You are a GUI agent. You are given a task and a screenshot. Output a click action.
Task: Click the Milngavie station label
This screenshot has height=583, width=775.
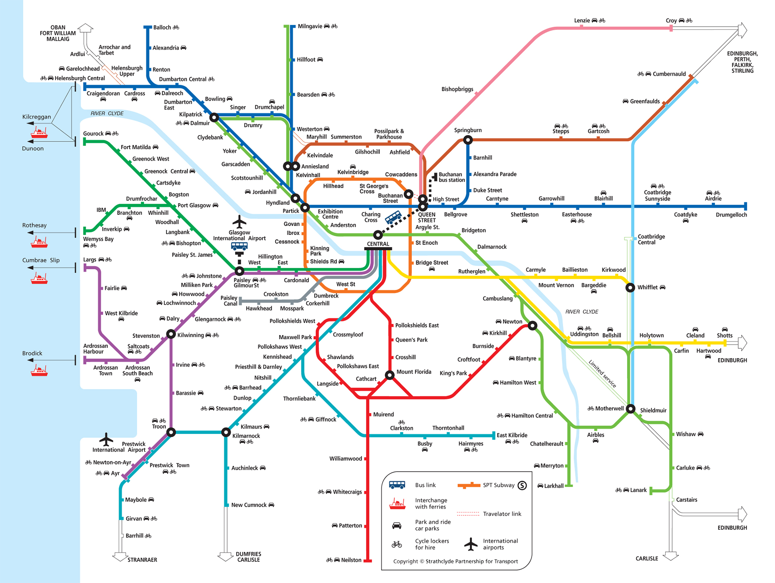point(310,26)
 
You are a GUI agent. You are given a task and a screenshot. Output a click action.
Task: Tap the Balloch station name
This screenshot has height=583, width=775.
point(162,27)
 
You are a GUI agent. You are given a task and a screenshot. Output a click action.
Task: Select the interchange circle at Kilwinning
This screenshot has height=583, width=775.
point(171,334)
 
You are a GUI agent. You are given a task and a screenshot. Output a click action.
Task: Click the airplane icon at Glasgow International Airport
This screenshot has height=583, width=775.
point(239,222)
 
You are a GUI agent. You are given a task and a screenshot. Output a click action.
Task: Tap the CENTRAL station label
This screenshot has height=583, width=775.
point(378,244)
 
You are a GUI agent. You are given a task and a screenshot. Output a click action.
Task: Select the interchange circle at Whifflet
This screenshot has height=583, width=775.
point(630,287)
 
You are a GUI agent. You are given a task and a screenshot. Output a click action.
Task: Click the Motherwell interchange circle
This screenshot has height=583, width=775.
point(630,408)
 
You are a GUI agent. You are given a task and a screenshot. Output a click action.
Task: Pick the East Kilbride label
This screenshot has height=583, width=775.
point(512,435)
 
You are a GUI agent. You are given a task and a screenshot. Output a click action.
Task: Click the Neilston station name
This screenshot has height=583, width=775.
point(351,560)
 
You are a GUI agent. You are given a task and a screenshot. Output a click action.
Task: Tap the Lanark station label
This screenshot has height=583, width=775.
point(638,490)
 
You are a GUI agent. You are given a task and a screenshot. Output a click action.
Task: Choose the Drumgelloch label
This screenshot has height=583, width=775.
point(731,215)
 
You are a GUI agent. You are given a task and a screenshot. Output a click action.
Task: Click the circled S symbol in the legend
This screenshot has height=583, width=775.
point(522,485)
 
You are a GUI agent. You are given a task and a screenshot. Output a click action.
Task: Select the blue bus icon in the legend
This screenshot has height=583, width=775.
point(397,485)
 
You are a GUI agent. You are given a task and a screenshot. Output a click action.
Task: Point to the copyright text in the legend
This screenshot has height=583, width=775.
point(455,561)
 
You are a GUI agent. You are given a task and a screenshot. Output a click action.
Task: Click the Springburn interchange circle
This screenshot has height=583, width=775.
point(468,140)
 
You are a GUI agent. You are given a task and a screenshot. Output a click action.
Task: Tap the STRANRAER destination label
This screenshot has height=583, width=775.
point(142,560)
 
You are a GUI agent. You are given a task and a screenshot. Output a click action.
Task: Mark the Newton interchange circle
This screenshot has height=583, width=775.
point(533,325)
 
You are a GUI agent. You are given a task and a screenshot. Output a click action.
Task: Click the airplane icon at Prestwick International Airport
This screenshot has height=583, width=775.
point(106,439)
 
